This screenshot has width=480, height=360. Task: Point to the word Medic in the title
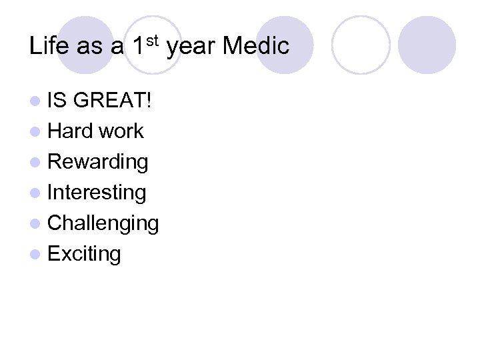tap(256, 46)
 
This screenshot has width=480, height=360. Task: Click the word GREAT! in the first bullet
tap(113, 101)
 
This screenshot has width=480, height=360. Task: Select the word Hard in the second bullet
tap(70, 131)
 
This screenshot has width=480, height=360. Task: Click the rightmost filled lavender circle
tap(427, 45)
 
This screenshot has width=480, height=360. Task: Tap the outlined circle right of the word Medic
tap(360, 45)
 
